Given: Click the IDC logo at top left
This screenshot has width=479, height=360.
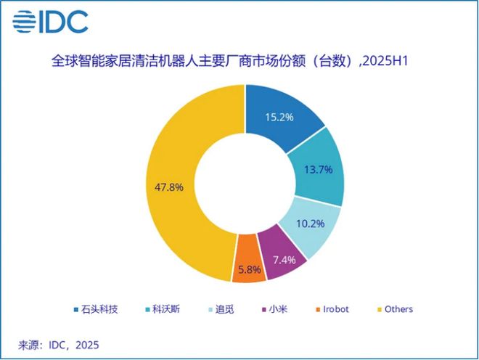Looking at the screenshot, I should click(50, 22).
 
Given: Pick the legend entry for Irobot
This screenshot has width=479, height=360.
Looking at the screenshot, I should click(329, 309).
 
